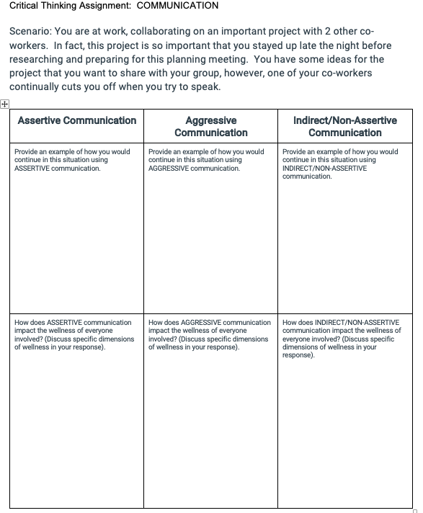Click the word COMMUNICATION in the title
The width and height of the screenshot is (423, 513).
[177, 6]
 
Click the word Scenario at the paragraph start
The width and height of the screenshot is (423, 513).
[30, 33]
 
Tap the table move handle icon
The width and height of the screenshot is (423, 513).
[4, 104]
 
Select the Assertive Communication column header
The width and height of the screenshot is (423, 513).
[76, 120]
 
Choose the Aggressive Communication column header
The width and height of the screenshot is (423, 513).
[210, 126]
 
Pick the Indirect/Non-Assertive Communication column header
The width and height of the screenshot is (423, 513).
[345, 126]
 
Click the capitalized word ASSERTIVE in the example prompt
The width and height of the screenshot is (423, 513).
[31, 168]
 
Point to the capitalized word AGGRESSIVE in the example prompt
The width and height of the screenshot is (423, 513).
[166, 168]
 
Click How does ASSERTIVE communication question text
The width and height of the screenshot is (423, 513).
[73, 322]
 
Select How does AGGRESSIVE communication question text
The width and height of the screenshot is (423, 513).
[209, 322]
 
